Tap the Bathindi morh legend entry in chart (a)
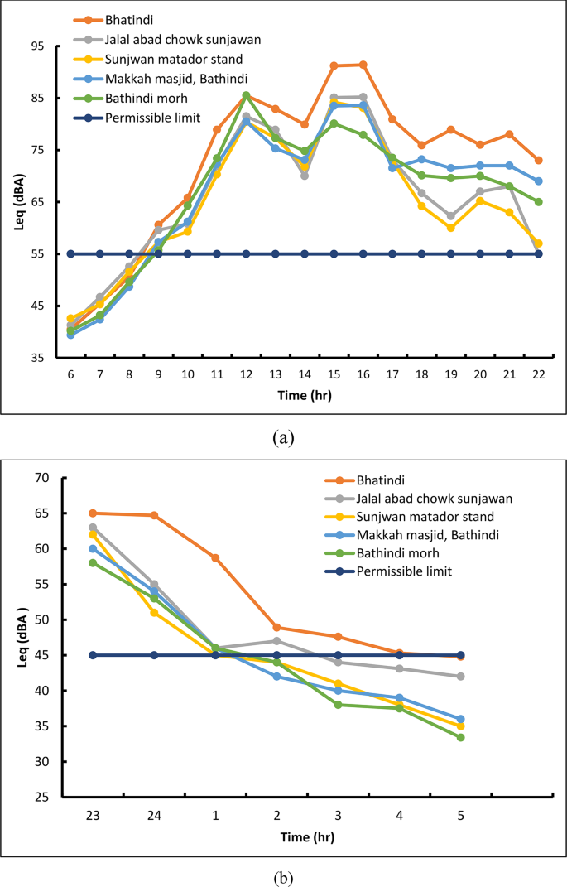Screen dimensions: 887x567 [142, 99]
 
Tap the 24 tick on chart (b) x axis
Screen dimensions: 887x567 [154, 816]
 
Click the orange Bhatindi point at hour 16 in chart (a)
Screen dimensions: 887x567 [363, 65]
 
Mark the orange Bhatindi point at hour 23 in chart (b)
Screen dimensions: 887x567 [93, 513]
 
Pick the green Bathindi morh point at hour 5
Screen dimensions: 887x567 [461, 737]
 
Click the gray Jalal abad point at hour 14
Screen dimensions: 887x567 [305, 176]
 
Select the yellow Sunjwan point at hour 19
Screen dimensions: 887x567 [451, 228]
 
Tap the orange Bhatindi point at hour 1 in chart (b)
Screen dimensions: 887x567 [215, 558]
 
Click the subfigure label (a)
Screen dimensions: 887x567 [283, 437]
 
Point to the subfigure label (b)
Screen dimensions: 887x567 [283, 875]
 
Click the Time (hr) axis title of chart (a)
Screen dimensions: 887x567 [304, 395]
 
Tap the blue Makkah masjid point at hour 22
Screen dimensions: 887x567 [538, 181]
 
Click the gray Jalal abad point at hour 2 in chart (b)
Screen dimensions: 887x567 [276, 641]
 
